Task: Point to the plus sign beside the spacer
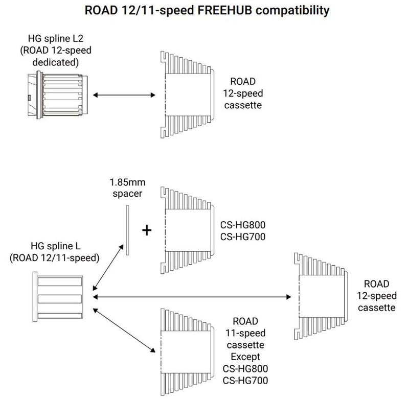tap(147, 230)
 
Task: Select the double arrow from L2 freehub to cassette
tap(122, 95)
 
